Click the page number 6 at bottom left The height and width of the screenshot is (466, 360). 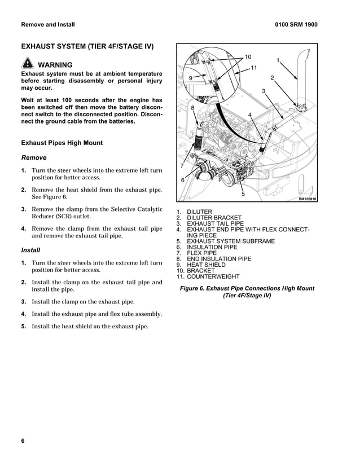[23, 441]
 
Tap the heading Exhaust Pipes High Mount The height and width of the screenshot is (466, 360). [62, 143]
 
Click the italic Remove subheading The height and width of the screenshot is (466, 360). [33, 158]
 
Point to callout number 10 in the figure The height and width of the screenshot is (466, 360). [248, 57]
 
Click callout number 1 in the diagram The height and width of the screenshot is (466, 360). [278, 60]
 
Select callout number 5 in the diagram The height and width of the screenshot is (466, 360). [243, 194]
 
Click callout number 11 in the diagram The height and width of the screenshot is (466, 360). [253, 68]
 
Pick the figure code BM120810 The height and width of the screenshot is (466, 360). [307, 199]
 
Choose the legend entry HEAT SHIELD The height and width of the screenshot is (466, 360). [206, 265]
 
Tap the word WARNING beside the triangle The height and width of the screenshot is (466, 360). [55, 65]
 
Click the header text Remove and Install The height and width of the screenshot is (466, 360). [47, 25]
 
